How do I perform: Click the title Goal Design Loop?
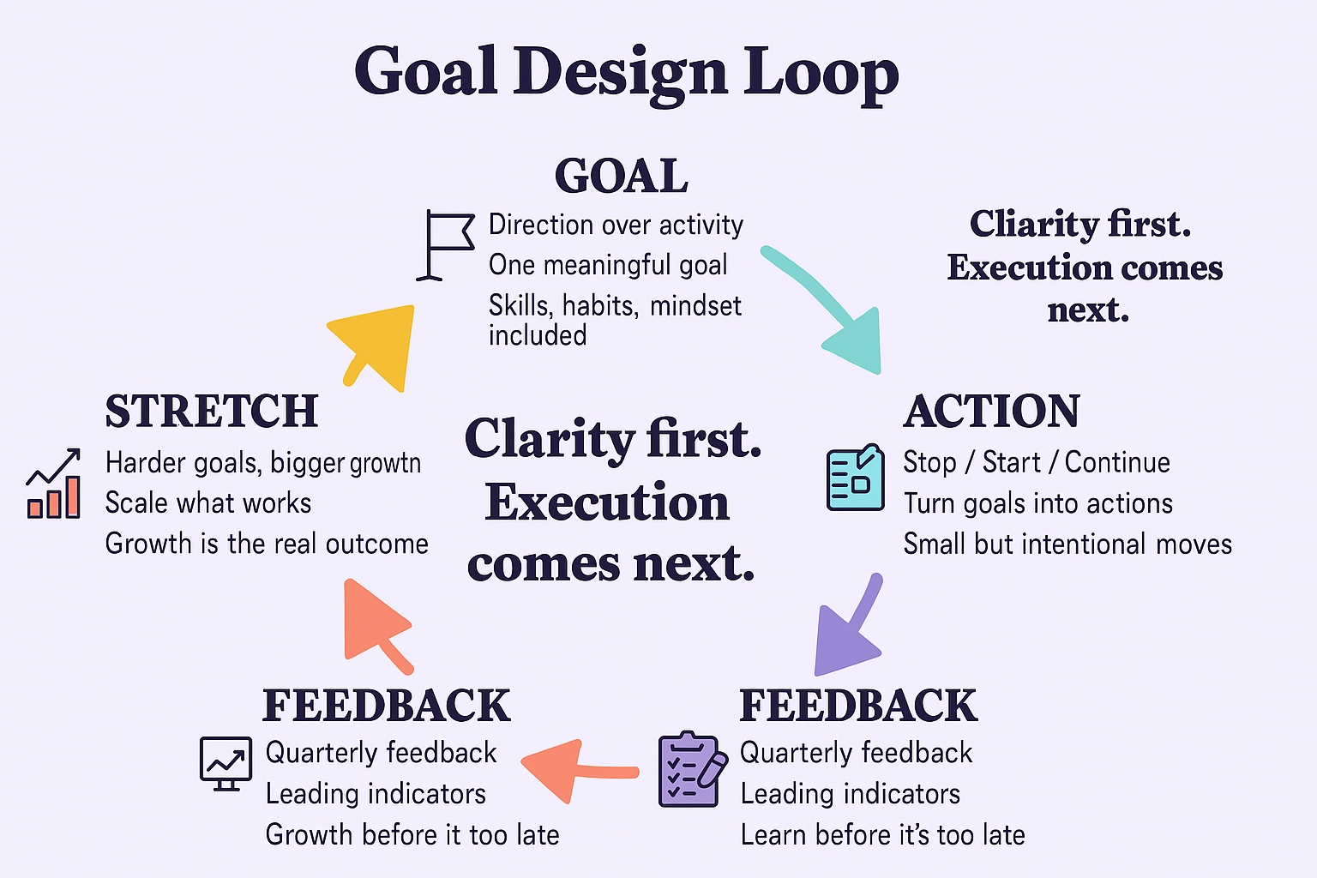tap(626, 73)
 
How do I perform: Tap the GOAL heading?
tap(622, 176)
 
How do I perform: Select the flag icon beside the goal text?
tap(445, 244)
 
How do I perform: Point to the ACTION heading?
tap(991, 411)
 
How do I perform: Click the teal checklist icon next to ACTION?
tap(856, 477)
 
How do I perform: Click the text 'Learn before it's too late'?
tap(882, 835)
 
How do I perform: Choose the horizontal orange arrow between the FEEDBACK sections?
tap(579, 771)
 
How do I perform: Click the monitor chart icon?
tap(226, 763)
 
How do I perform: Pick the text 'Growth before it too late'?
tap(412, 835)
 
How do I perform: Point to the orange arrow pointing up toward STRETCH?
tap(376, 626)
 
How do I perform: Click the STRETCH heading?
tap(212, 411)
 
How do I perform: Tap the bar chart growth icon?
tap(53, 484)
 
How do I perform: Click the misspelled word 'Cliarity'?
tap(1033, 224)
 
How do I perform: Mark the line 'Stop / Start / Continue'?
tap(1037, 462)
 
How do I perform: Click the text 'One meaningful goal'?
tap(608, 265)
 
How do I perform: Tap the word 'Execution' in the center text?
tap(607, 502)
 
